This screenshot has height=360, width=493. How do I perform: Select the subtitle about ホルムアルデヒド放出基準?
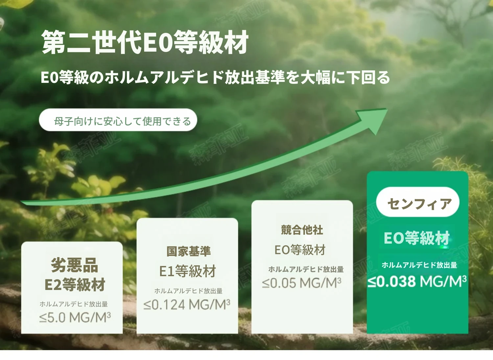coord(216,77)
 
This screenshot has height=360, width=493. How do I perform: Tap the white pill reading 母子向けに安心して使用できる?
coord(118,120)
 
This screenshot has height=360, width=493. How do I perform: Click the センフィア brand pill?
coord(418,202)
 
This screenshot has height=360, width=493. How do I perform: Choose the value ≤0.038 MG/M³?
coord(417,281)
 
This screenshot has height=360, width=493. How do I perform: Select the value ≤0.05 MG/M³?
coord(302,283)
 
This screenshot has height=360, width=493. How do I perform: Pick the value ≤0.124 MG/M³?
coord(187,305)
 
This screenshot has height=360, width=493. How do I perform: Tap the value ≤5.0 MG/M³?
coord(75,318)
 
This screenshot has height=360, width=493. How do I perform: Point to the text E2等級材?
coord(75,284)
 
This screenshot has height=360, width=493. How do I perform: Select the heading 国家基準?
coord(189,251)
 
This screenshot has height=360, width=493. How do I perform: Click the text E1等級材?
coord(188,271)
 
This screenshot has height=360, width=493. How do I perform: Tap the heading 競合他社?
coord(302,230)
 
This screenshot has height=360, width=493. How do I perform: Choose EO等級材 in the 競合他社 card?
coord(300,250)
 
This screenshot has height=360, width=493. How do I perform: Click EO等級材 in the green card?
coord(417,238)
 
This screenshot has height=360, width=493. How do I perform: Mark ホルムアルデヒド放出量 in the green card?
coord(419,265)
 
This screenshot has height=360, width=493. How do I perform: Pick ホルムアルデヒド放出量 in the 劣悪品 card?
coord(74,304)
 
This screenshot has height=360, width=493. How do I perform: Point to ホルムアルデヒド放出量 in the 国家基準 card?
coord(188,291)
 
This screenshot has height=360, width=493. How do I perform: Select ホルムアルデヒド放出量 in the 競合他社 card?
coord(306,269)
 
